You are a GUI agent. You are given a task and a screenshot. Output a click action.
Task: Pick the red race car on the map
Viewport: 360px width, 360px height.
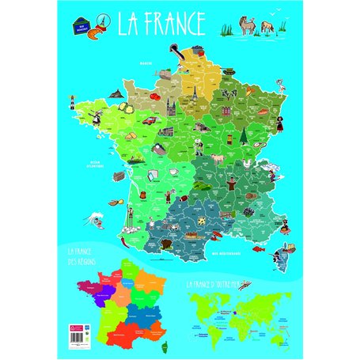point(147,121)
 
